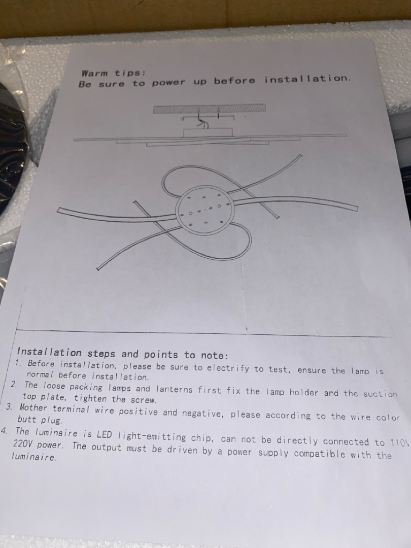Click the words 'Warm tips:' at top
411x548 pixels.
click(x=113, y=74)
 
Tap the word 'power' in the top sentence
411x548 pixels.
click(x=168, y=83)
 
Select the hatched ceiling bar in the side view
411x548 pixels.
click(x=210, y=109)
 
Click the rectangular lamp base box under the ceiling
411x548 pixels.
click(x=208, y=133)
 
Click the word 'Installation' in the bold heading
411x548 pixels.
click(x=49, y=352)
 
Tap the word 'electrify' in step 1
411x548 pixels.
click(x=228, y=368)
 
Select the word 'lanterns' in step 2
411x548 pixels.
click(x=174, y=389)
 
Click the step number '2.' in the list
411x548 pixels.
click(x=14, y=385)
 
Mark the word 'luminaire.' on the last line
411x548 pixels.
click(x=34, y=457)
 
